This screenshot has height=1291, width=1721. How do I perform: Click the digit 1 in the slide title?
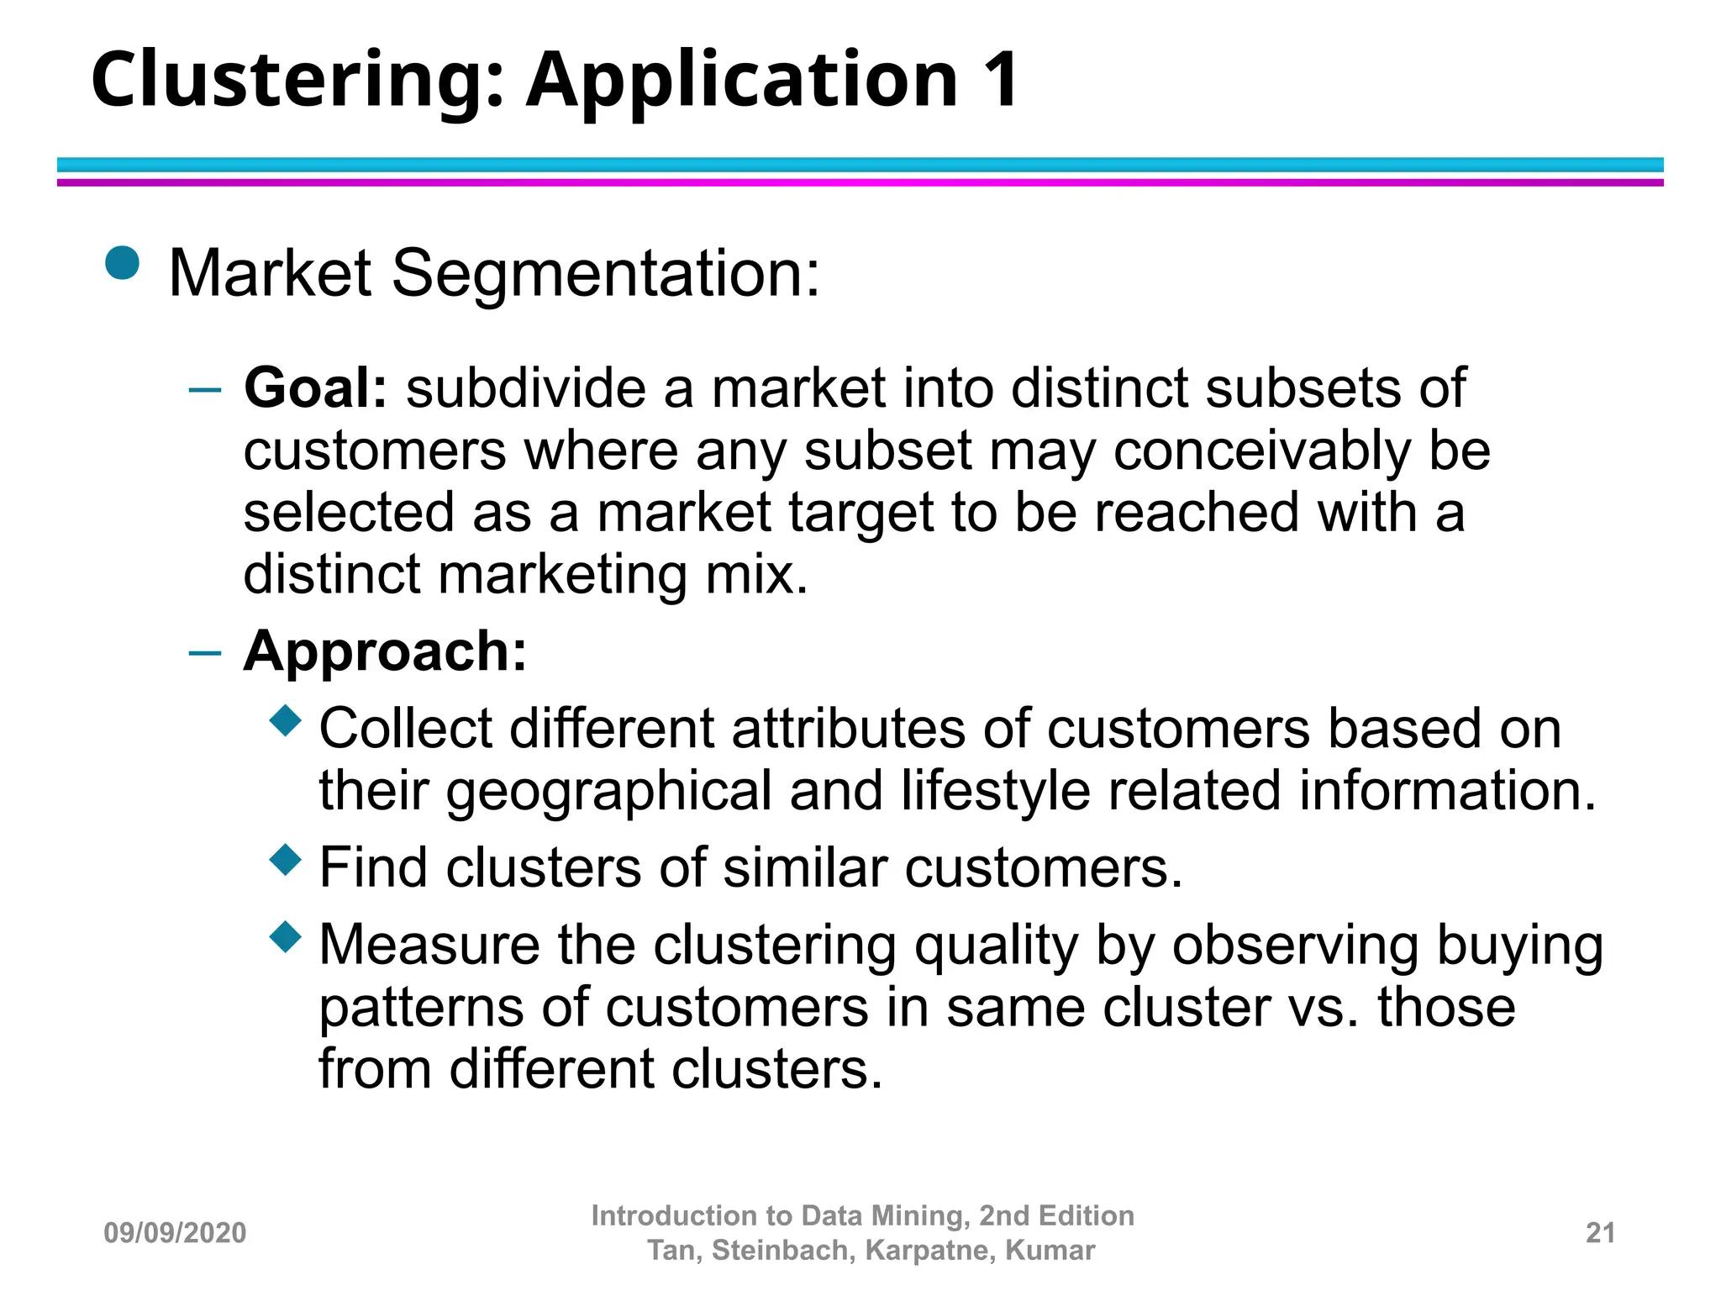(x=1002, y=80)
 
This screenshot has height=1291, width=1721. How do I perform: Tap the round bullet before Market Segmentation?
(x=123, y=262)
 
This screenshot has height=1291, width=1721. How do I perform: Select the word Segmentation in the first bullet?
(x=605, y=274)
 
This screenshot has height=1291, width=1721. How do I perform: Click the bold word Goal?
(x=315, y=388)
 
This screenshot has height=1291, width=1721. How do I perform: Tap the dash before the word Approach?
(x=206, y=652)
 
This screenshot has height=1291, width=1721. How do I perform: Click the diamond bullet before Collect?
(x=286, y=720)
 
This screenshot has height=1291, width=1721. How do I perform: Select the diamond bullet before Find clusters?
(x=286, y=860)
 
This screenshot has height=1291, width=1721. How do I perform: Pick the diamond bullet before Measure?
(x=286, y=936)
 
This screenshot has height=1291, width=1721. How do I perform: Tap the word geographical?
(x=608, y=792)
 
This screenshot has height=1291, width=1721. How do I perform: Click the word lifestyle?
(x=995, y=792)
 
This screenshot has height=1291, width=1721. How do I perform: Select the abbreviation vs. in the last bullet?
(x=1324, y=1008)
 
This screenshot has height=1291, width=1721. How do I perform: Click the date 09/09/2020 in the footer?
(x=175, y=1233)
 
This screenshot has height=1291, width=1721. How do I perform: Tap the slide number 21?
(x=1600, y=1233)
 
